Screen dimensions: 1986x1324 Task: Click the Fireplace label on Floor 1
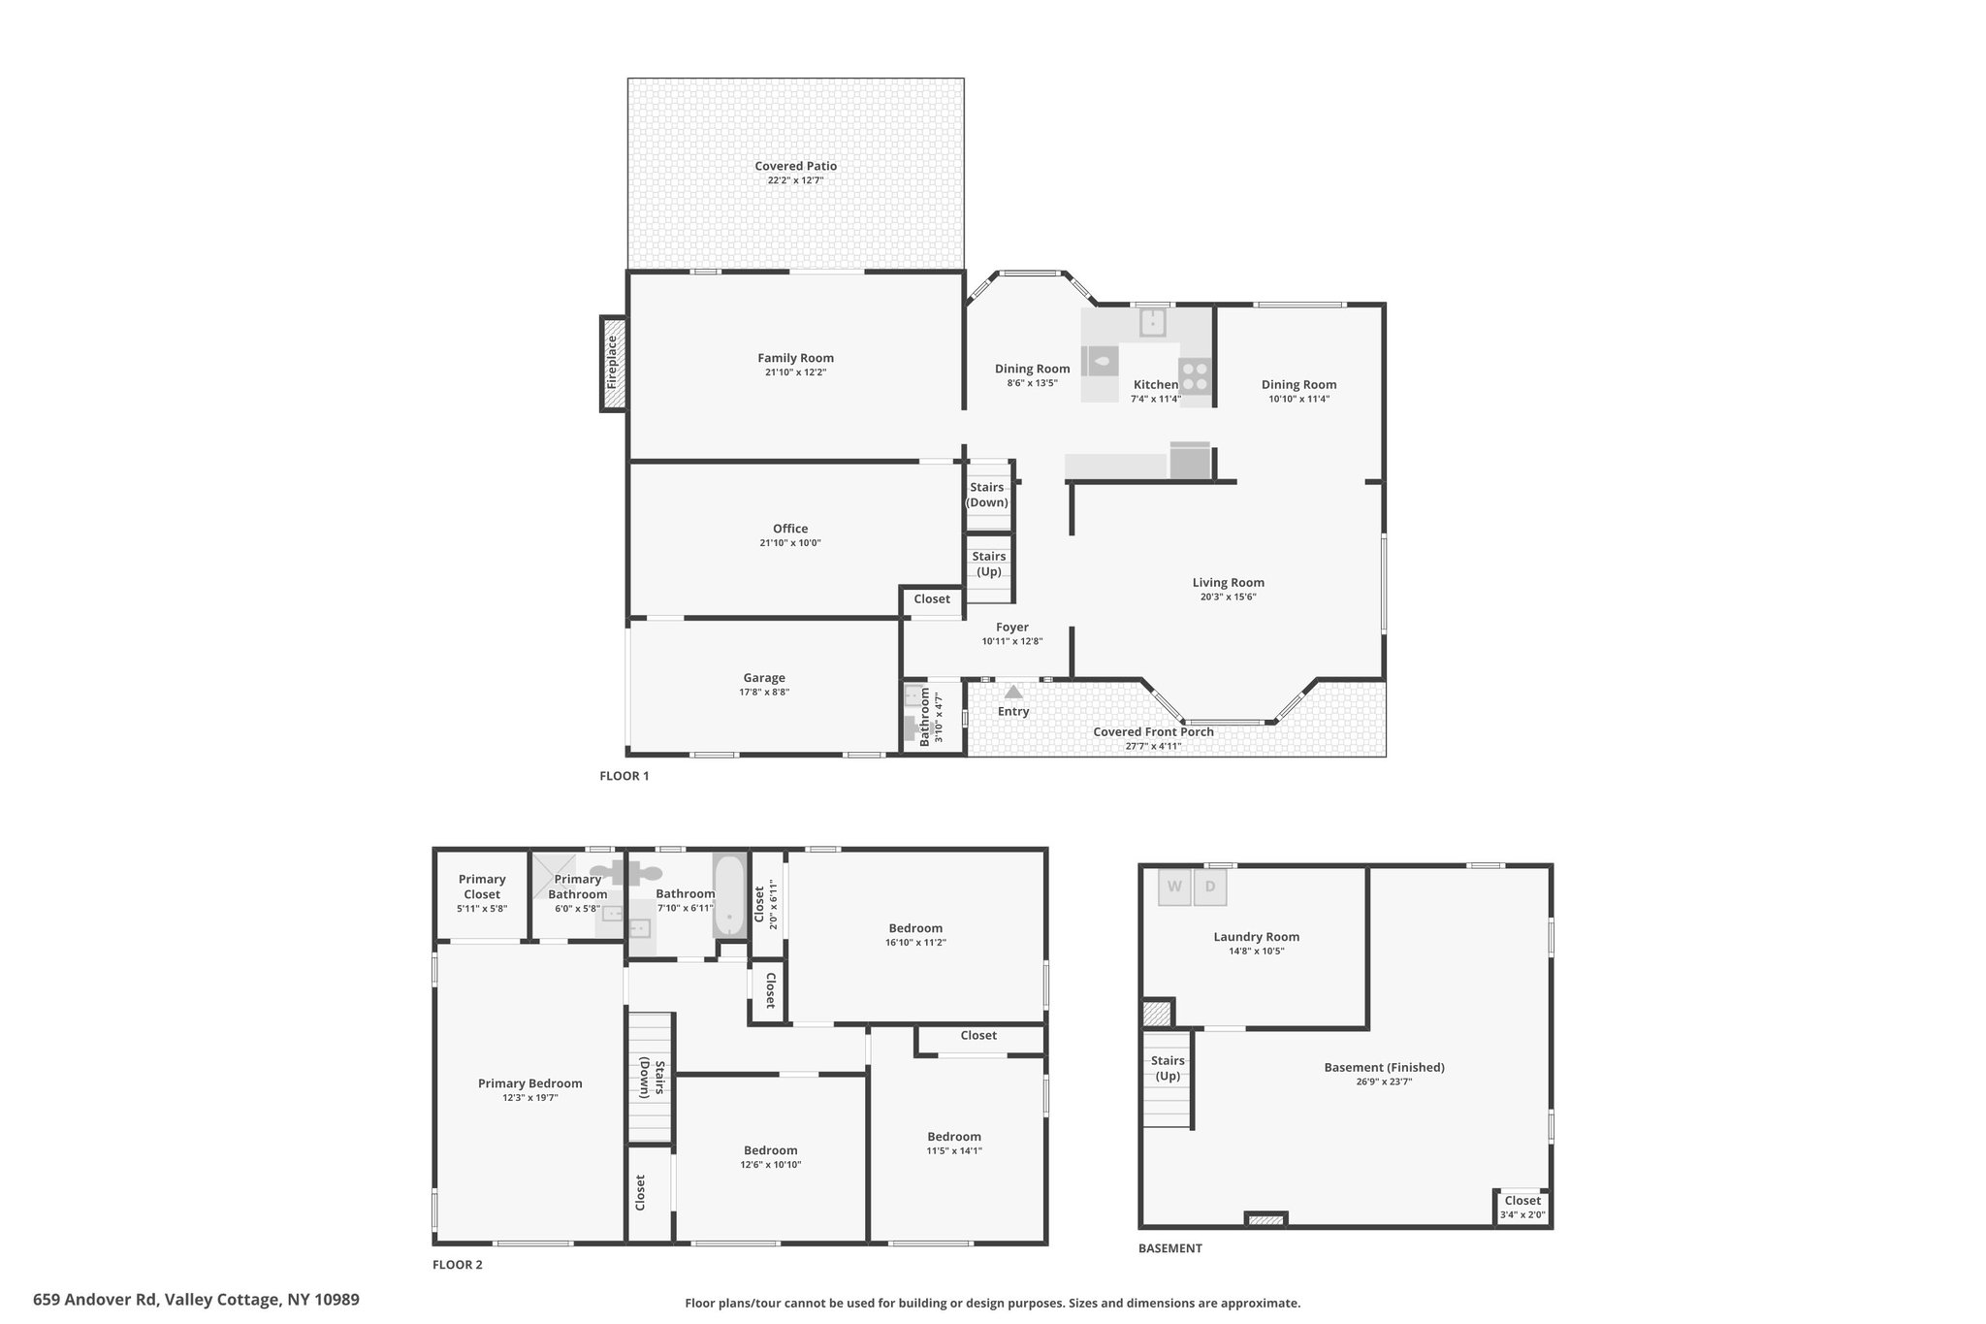[x=612, y=363]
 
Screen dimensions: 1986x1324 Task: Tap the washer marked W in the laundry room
[x=1174, y=887]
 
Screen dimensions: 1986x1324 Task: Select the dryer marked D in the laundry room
[x=1210, y=887]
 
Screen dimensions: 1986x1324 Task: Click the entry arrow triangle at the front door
[x=1013, y=692]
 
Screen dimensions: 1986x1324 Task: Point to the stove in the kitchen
[x=1195, y=376]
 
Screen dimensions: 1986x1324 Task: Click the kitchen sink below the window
[x=1152, y=322]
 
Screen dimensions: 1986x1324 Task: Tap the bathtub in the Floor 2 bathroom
[x=729, y=894]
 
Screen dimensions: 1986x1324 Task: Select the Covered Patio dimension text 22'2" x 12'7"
[x=796, y=180]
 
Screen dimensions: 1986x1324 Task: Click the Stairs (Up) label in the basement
[x=1168, y=1068]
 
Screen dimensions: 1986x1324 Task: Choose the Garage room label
[x=764, y=678]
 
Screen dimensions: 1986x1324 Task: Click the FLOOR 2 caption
[x=457, y=1264]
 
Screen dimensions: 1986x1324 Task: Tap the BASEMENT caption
[x=1170, y=1248]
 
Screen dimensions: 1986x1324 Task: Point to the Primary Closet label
[x=482, y=887]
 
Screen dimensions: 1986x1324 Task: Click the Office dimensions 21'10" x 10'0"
[x=790, y=543]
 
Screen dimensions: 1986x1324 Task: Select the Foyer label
[x=1012, y=628]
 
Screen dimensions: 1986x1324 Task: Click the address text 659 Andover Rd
[x=96, y=1300]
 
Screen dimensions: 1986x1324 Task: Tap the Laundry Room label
[x=1256, y=937]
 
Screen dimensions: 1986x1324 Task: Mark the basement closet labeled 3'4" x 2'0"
[x=1522, y=1207]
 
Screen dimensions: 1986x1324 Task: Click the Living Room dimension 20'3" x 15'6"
[x=1229, y=597]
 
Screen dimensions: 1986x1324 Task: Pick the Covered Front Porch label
[x=1154, y=731]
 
